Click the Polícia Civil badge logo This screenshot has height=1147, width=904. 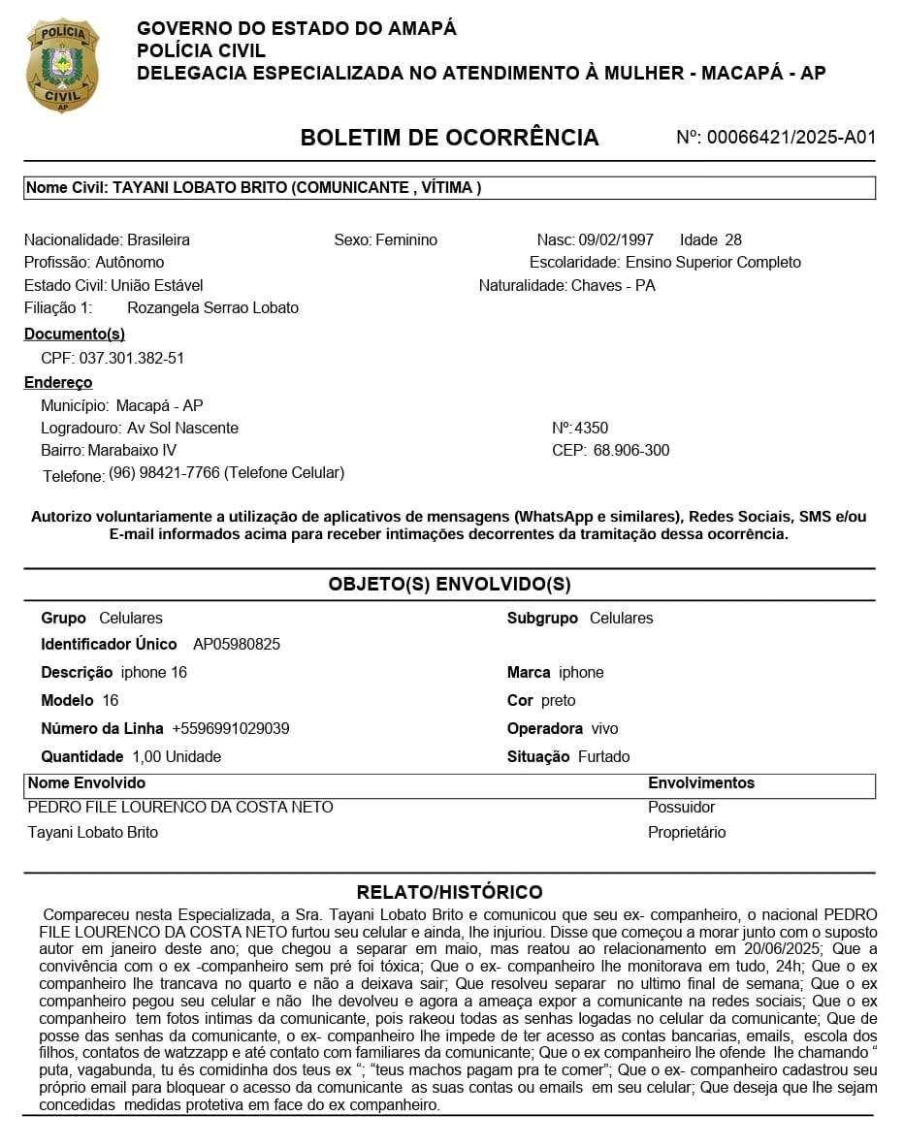click(62, 64)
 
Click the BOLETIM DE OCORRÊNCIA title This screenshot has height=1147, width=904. click(449, 138)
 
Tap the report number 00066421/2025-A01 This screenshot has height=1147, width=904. click(791, 138)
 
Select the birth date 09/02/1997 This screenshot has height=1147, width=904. click(616, 239)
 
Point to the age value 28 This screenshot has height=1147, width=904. click(733, 239)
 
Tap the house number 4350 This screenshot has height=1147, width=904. click(592, 428)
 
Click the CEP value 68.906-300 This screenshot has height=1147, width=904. click(631, 450)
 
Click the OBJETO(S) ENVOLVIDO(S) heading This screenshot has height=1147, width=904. click(449, 584)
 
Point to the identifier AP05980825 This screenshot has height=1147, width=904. click(237, 644)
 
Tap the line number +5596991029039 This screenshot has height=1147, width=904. click(231, 728)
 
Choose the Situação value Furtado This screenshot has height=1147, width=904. click(603, 756)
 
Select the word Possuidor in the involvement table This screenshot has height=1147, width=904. click(681, 807)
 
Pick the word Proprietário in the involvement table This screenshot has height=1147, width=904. click(687, 832)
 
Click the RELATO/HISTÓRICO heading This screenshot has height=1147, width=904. click(449, 892)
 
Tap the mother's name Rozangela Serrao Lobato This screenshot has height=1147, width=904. click(213, 307)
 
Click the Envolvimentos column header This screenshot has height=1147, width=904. click(700, 782)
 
